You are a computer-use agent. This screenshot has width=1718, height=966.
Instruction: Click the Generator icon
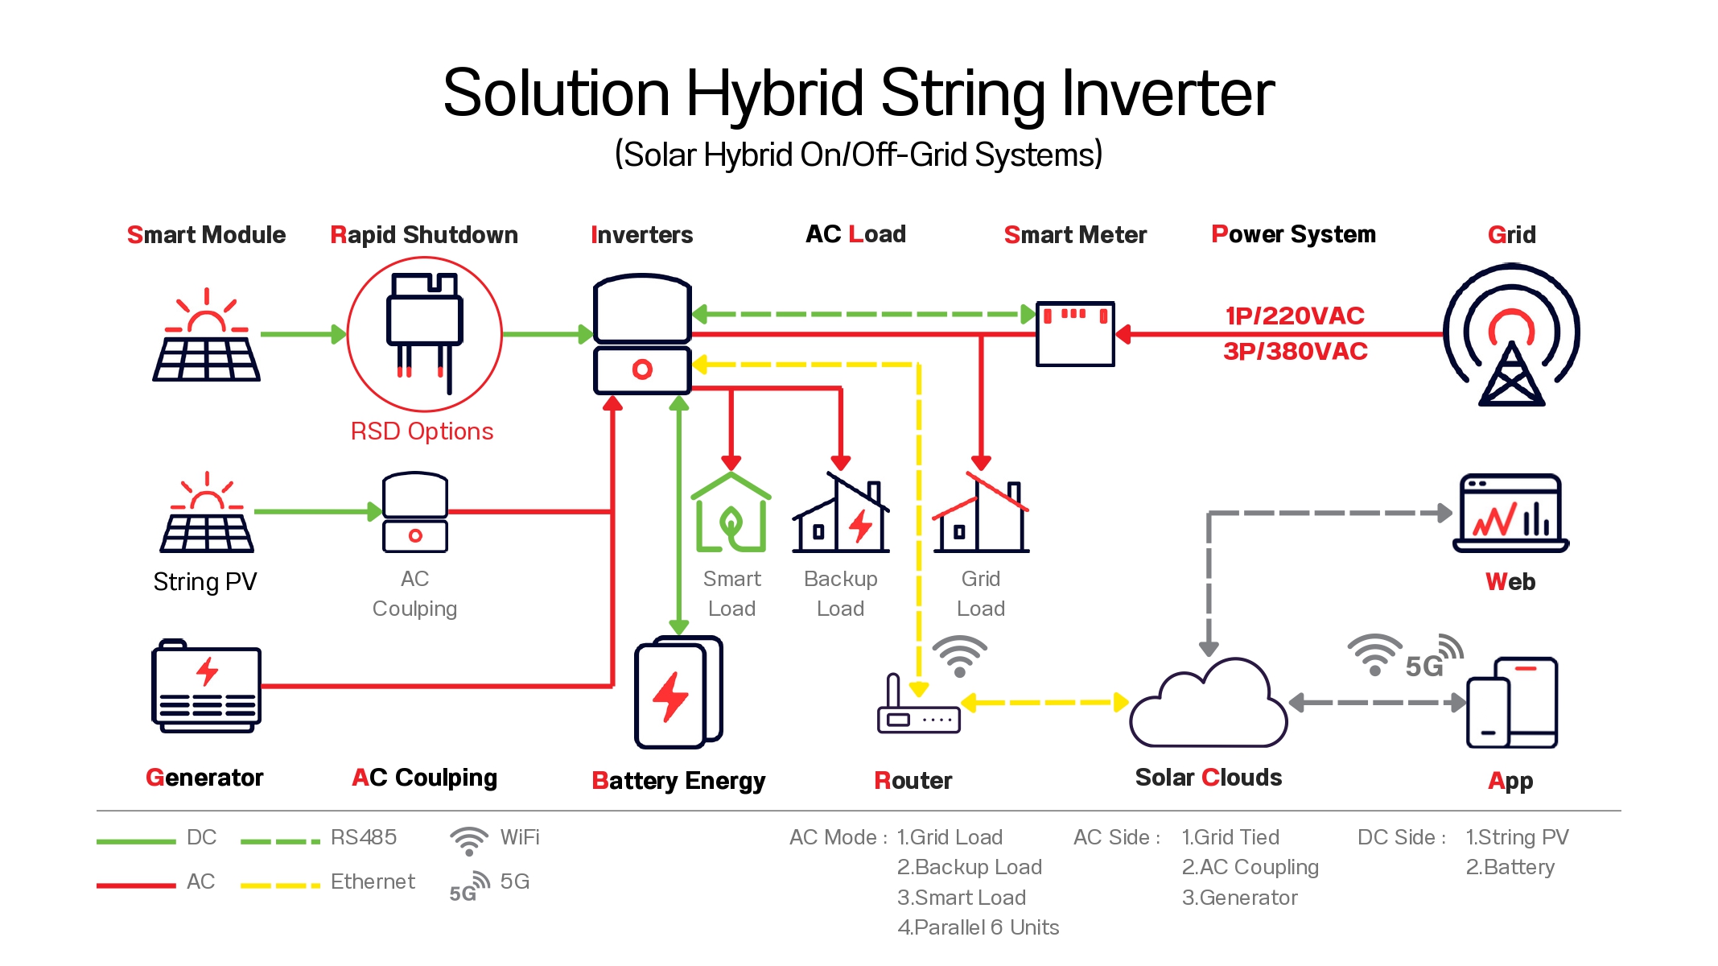pos(206,686)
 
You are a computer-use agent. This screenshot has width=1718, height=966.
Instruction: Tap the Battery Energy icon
pos(678,692)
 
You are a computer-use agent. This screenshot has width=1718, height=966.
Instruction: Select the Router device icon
pos(918,708)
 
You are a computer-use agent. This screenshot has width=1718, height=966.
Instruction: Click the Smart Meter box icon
pos(1075,333)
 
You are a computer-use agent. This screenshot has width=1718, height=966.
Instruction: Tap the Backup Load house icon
pos(841,514)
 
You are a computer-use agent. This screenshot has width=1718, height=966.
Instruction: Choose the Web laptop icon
pos(1510,513)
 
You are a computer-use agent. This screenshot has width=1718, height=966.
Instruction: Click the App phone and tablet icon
pos(1511,703)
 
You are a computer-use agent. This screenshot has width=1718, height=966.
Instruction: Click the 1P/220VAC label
pos(1295,316)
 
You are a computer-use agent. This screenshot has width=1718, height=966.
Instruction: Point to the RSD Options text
pos(422,431)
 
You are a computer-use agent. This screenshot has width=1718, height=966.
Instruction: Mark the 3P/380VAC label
pos(1295,352)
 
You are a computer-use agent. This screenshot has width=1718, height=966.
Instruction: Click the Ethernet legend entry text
pos(373,881)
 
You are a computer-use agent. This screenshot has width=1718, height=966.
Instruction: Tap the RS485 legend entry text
pos(363,837)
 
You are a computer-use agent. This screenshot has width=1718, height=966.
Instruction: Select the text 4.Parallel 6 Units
pos(978,927)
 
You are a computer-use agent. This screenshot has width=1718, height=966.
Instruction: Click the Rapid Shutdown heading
pos(424,234)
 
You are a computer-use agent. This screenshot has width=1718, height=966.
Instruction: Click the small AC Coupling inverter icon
pos(415,512)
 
